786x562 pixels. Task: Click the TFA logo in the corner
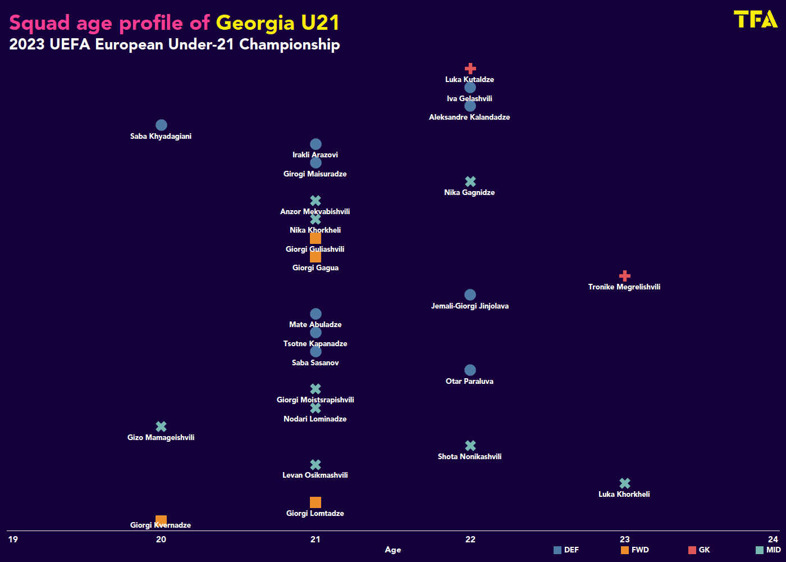click(x=755, y=19)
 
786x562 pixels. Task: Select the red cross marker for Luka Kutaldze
click(x=470, y=69)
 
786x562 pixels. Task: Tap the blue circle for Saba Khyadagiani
click(x=161, y=125)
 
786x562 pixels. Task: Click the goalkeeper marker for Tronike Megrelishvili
click(x=624, y=276)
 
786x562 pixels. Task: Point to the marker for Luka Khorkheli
click(x=624, y=483)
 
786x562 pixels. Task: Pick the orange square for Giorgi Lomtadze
click(x=316, y=502)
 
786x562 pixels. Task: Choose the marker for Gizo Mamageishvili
click(x=161, y=427)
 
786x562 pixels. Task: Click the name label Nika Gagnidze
click(x=469, y=193)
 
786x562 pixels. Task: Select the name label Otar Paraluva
click(x=469, y=382)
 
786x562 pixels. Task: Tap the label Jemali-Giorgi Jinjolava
click(x=470, y=306)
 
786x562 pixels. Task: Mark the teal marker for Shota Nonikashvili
click(x=470, y=446)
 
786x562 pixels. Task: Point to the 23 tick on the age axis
click(x=624, y=540)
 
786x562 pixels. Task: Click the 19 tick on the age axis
click(x=13, y=540)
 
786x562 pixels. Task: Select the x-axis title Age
click(x=393, y=550)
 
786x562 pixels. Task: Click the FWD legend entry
click(x=635, y=550)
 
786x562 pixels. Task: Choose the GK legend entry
click(x=700, y=550)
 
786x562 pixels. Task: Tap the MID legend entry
click(x=768, y=550)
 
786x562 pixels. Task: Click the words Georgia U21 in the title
click(x=278, y=23)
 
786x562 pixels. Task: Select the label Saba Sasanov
click(x=316, y=363)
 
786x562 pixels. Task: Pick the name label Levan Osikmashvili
click(x=315, y=475)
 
